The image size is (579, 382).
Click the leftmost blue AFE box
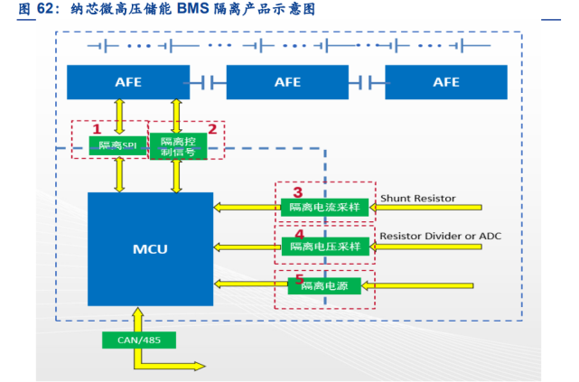127,81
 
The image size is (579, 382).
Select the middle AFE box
286,81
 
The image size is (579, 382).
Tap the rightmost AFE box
445,81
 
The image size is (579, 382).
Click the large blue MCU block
150,248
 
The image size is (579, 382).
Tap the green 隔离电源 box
323,285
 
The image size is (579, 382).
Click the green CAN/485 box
139,340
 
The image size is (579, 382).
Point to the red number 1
97,129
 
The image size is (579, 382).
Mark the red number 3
297,192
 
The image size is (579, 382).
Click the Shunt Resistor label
417,198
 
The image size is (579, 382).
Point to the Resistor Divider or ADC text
439,236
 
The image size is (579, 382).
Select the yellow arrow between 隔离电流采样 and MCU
246,208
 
